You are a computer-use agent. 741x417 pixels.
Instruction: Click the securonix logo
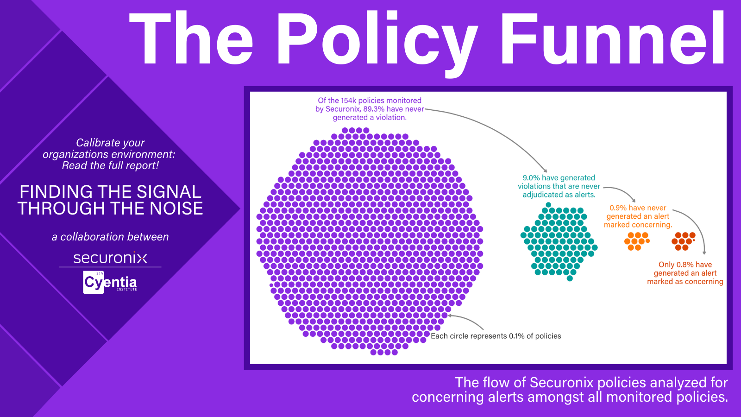[x=110, y=258]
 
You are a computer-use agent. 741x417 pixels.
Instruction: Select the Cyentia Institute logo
[x=110, y=282]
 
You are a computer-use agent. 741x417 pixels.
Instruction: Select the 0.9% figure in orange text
[x=618, y=208]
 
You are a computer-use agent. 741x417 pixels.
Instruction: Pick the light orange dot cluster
[x=637, y=241]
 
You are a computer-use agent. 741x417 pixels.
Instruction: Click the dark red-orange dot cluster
[x=684, y=241]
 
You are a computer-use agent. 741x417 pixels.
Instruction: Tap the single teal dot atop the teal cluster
[x=548, y=205]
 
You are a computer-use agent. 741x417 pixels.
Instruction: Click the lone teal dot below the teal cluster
[x=570, y=278]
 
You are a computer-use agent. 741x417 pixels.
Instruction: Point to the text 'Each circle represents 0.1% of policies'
[x=496, y=336]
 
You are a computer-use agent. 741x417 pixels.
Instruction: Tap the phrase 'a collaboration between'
[x=110, y=237]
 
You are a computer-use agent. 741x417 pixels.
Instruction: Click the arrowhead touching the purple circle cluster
[x=450, y=316]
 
